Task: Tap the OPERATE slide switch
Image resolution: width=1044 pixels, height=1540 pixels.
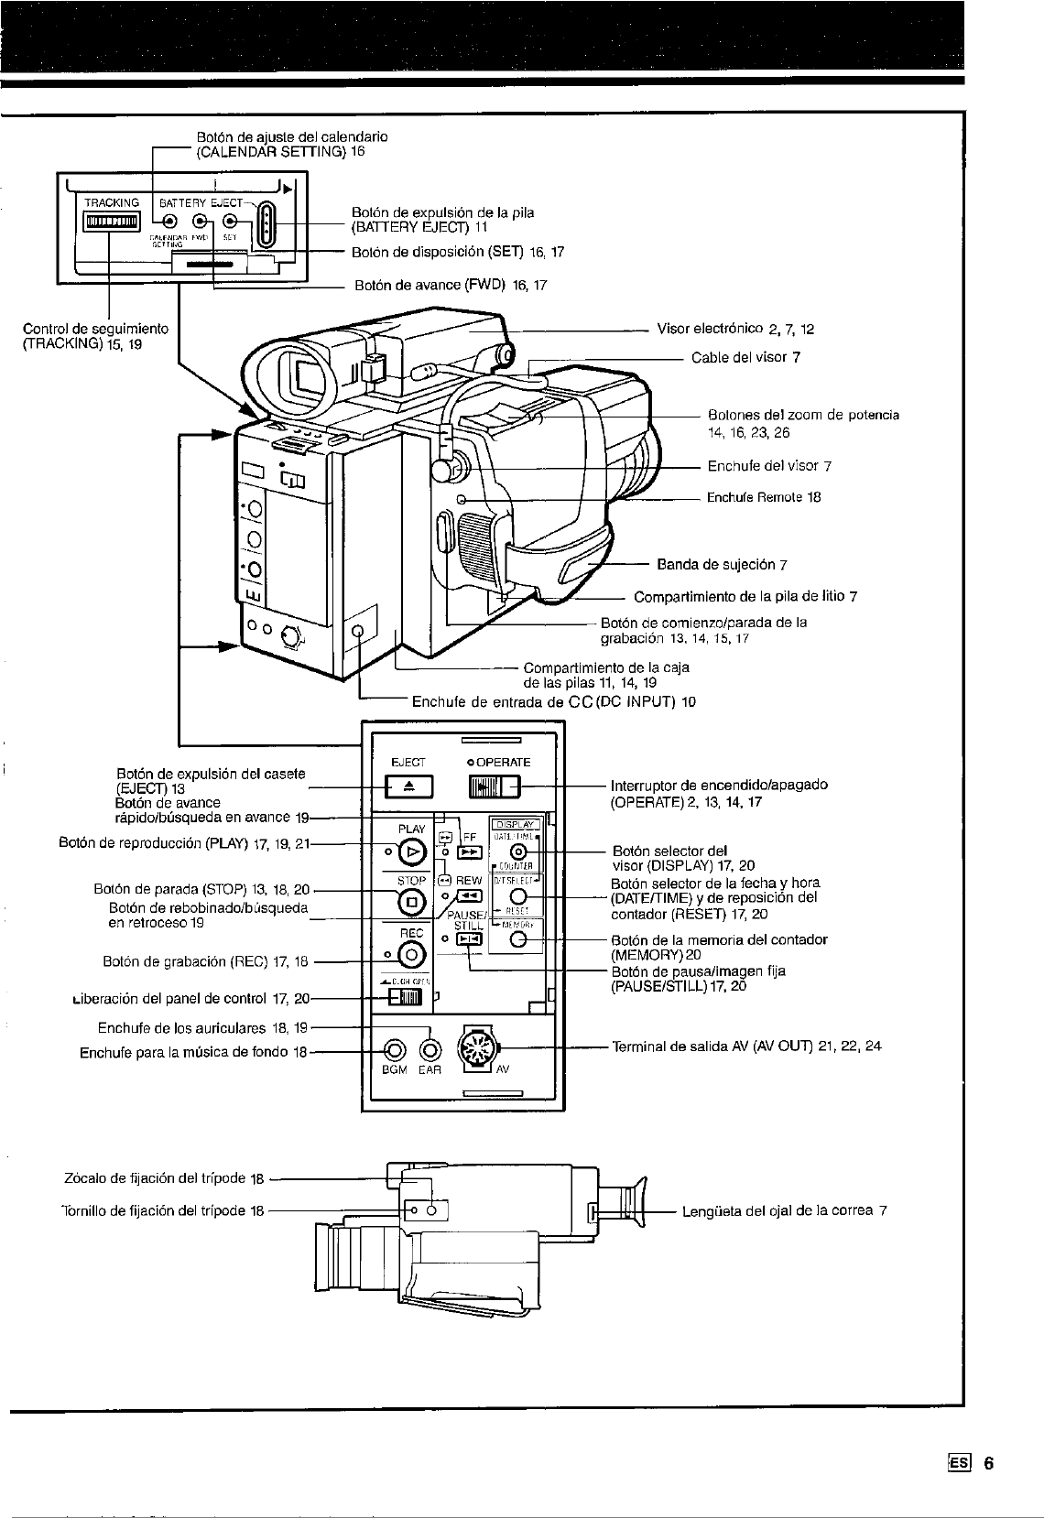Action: (x=493, y=786)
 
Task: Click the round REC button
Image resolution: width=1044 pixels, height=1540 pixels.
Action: (x=411, y=955)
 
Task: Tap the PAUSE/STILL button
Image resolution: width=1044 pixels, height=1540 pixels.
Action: (x=468, y=938)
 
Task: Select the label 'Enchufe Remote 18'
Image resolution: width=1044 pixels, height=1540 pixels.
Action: (x=764, y=497)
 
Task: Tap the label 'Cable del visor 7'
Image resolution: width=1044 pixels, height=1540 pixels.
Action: (x=745, y=357)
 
